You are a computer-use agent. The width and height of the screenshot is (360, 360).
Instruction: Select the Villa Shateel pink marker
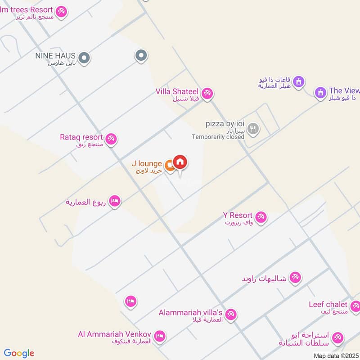tap(207, 94)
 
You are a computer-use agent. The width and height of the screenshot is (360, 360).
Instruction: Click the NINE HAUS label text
tap(55, 56)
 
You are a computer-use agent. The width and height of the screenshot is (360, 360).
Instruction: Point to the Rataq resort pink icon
tap(112, 139)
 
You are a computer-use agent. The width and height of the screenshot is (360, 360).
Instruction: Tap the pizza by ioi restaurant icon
tap(253, 129)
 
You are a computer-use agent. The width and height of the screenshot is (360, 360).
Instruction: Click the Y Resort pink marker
tap(261, 218)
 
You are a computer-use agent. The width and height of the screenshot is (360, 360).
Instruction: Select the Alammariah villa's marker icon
tap(231, 314)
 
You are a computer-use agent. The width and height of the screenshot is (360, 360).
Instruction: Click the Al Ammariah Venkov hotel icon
tap(159, 336)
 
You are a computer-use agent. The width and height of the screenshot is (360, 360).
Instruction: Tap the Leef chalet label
tap(328, 305)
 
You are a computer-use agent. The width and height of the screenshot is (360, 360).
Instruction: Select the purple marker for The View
tap(320, 92)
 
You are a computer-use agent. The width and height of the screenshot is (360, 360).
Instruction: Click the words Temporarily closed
tap(218, 137)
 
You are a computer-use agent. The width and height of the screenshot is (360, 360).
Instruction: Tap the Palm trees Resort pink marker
tap(62, 11)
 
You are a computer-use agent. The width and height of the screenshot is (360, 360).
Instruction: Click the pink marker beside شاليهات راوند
tap(295, 278)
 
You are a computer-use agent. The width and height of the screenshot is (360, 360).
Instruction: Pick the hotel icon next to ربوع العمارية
tap(115, 201)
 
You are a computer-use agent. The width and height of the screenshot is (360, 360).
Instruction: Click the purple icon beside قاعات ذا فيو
tap(299, 82)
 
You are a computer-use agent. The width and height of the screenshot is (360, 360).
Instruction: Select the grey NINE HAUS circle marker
tap(84, 58)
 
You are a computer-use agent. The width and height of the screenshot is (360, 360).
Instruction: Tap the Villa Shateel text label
tap(177, 91)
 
